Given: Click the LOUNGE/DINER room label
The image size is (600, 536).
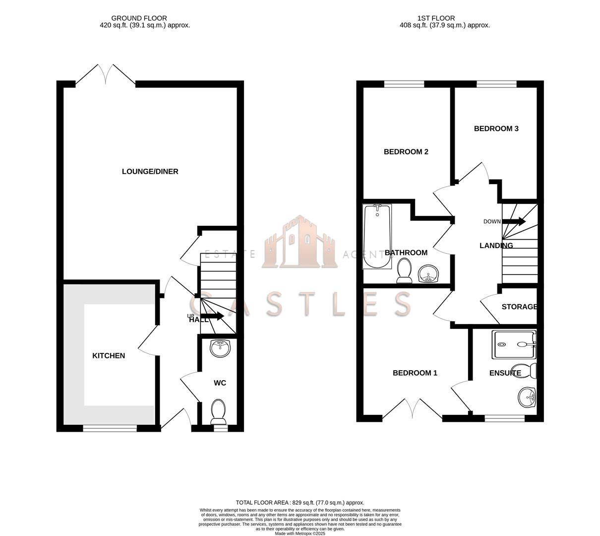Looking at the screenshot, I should [x=150, y=172].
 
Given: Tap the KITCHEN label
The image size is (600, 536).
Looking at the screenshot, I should [x=109, y=356].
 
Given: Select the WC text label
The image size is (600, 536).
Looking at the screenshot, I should [x=220, y=383].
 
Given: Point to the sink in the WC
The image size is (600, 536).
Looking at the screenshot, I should [x=220, y=348].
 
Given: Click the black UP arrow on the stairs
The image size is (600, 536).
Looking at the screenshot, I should [x=213, y=316].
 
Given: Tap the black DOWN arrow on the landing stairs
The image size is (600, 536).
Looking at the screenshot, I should [x=514, y=221].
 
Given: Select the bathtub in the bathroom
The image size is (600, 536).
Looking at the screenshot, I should [x=377, y=236].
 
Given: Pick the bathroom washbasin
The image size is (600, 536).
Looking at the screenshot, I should [x=428, y=273].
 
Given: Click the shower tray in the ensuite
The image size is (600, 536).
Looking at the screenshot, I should [x=514, y=344].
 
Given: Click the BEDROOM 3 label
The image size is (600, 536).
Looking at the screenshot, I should [x=496, y=129].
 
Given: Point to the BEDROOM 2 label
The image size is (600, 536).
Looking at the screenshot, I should [x=406, y=152].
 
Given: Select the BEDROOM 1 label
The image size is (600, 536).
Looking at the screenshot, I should [x=415, y=373].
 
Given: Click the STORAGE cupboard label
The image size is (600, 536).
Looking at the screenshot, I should [x=519, y=307].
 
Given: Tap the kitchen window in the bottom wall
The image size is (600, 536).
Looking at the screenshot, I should [x=110, y=428].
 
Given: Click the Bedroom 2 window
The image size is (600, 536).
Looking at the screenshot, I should [x=404, y=84].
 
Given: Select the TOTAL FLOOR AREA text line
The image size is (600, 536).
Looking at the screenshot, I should [x=300, y=503].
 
